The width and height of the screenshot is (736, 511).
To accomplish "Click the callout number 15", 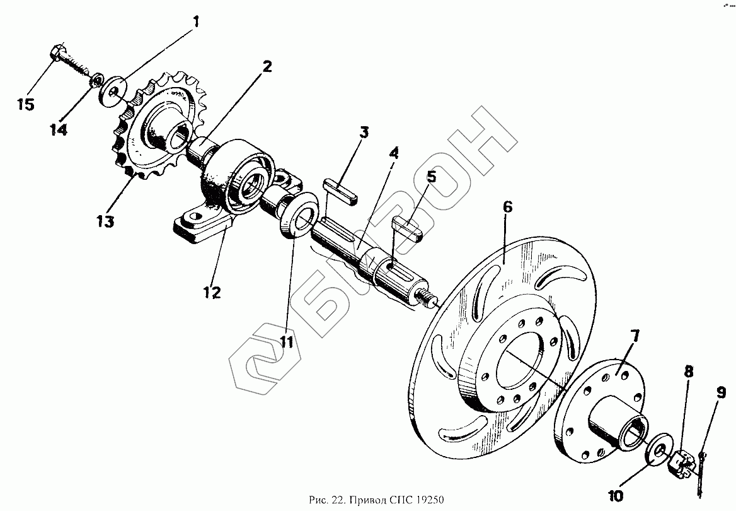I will tap(25, 104).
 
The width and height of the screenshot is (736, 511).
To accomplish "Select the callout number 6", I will tap(507, 206).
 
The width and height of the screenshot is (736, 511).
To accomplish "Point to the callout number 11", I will tap(287, 343).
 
